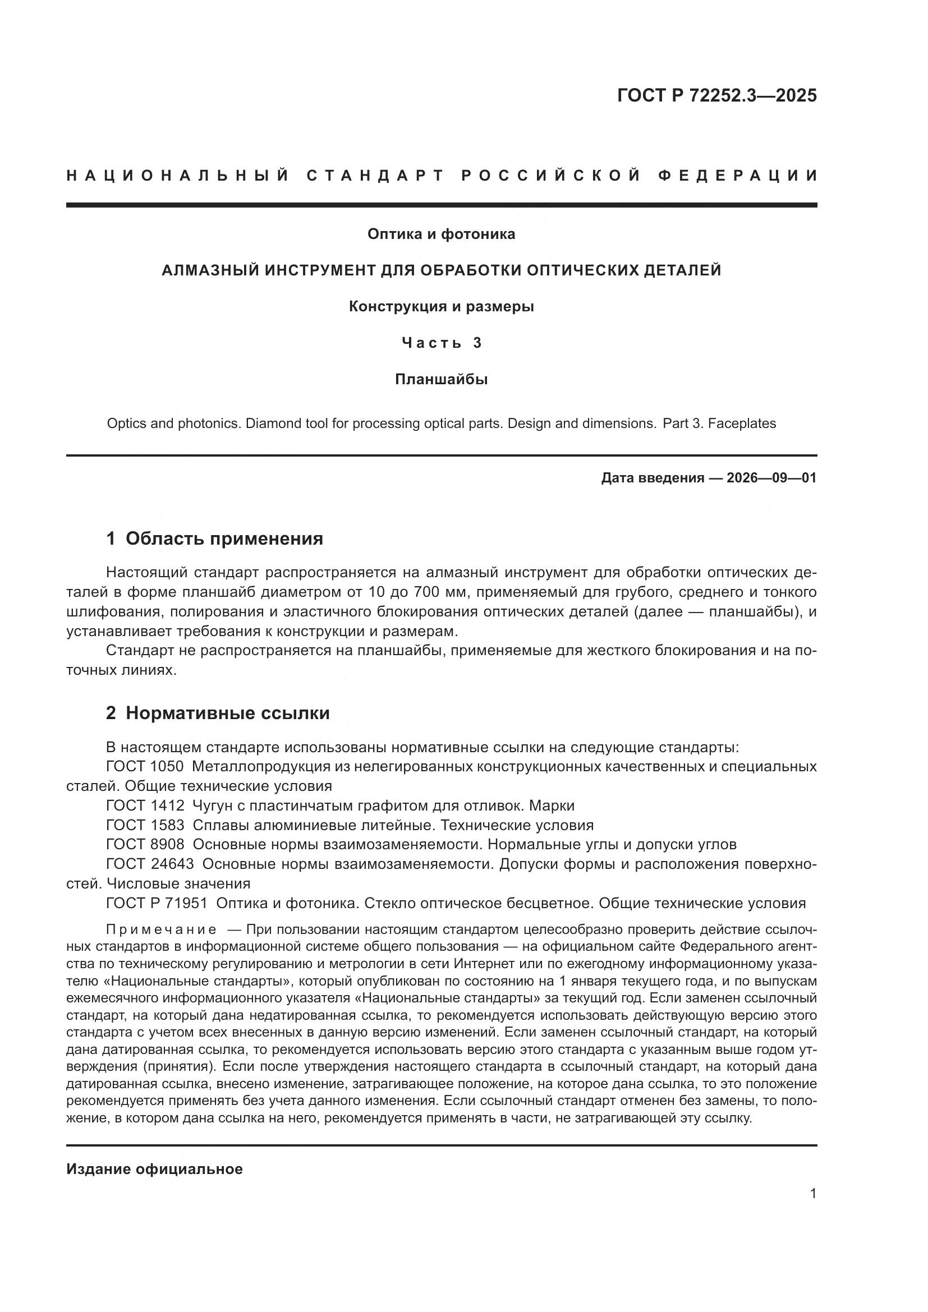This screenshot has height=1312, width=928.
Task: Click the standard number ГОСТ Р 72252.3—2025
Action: coord(716,95)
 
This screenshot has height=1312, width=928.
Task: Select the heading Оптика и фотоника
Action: coord(441,234)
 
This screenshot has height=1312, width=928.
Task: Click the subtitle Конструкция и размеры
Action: coord(441,307)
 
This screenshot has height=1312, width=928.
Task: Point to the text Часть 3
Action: coord(441,343)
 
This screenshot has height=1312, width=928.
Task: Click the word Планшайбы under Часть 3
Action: coord(441,379)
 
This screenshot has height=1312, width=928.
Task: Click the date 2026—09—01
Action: coord(771,478)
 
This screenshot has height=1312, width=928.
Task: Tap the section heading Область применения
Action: coord(224,538)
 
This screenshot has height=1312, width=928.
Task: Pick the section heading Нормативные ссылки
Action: coord(227,713)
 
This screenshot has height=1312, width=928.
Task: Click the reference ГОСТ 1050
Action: coord(145,766)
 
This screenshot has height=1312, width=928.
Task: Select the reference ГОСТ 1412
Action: coord(145,805)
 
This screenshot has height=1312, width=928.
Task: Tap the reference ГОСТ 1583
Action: coord(145,825)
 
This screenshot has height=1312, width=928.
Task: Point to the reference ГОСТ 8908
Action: coord(145,845)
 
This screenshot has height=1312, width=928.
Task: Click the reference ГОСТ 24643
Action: coord(150,864)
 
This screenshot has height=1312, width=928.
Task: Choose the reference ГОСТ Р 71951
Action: coord(157,903)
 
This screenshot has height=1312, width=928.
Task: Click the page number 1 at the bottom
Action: coord(813,1194)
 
